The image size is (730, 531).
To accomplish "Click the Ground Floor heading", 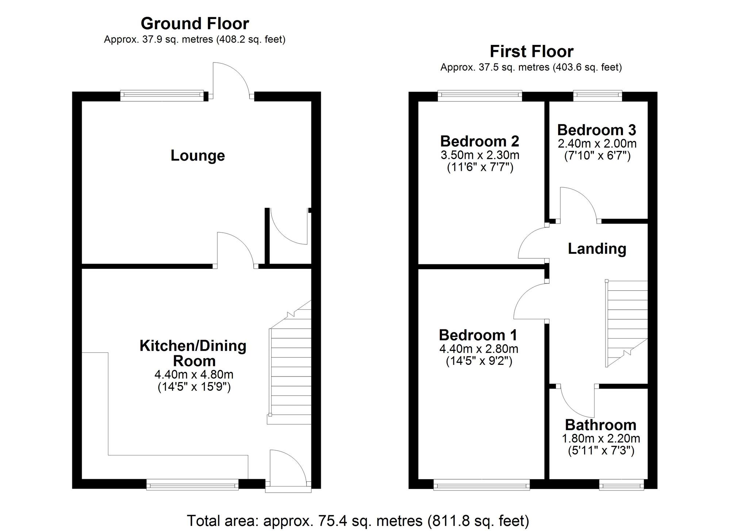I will tap(195, 24).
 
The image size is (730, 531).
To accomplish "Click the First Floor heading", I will tap(531, 51).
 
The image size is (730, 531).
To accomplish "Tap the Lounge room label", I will tap(197, 156).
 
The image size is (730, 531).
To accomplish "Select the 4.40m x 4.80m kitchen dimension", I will tap(194, 374).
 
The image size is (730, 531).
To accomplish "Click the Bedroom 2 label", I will tap(480, 141).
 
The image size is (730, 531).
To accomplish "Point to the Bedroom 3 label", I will tap(596, 130).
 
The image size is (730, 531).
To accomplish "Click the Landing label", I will tap(597, 249).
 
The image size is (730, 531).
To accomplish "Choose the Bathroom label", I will tap(600, 425).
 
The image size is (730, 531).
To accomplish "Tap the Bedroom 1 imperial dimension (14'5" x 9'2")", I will tap(479, 361).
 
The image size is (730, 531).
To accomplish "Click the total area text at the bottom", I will tap(358, 520).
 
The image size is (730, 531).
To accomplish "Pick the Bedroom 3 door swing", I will tap(579, 205).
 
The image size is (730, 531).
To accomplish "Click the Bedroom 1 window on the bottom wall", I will tap(481, 485).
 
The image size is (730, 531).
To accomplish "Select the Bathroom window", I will tap(622, 485).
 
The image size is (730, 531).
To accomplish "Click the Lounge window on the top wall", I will tap(162, 96).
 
